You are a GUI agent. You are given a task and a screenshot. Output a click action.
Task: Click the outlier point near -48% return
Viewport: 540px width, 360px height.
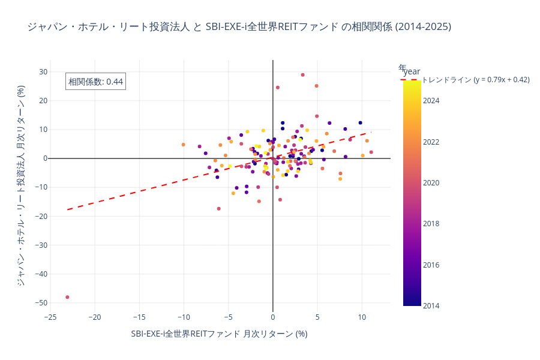click(67, 297)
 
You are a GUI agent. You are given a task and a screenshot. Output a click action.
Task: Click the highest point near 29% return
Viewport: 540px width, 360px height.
click(302, 75)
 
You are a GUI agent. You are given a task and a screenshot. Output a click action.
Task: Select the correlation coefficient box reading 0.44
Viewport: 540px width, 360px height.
click(95, 82)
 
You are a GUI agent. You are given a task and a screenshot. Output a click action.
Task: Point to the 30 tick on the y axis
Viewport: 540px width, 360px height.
click(43, 72)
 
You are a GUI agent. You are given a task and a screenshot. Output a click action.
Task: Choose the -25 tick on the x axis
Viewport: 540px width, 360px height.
click(50, 317)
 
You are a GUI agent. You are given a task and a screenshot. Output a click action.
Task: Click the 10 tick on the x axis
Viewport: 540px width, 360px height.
click(362, 317)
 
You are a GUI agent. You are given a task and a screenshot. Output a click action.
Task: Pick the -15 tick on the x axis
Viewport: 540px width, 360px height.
click(139, 317)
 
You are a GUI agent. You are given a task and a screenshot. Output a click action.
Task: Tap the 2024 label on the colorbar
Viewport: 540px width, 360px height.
click(431, 101)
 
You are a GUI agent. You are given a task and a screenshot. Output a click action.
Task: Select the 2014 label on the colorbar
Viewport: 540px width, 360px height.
click(431, 306)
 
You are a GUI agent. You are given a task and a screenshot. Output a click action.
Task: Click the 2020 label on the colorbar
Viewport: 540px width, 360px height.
click(431, 183)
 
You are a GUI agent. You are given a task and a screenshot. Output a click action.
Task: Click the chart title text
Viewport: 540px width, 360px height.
click(239, 27)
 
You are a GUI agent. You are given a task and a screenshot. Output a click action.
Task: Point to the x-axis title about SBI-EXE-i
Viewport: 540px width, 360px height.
click(219, 334)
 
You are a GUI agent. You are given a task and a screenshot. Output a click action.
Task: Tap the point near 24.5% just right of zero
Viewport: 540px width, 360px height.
click(278, 88)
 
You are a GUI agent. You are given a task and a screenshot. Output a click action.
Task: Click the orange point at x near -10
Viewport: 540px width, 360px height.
click(184, 145)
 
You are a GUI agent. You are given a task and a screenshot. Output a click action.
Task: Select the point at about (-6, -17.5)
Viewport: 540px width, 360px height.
click(219, 209)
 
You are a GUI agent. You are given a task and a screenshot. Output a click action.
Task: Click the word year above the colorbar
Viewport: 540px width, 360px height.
click(412, 72)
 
